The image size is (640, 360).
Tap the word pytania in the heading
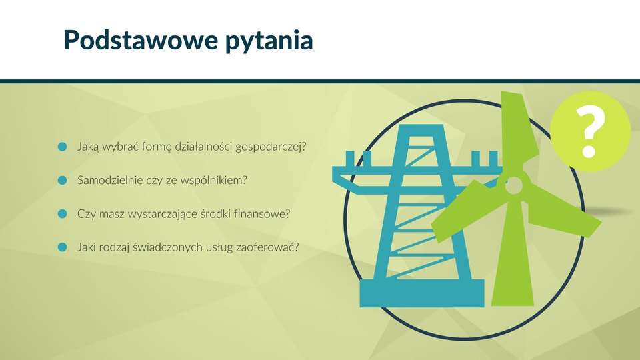point(269,41)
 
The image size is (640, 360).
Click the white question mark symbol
point(590,131)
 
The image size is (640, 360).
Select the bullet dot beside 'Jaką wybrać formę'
point(63,147)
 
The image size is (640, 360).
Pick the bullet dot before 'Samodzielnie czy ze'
point(63,180)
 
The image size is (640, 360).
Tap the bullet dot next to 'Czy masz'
point(63,213)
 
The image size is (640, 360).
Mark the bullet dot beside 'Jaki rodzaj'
point(63,247)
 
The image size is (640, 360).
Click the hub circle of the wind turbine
point(514,185)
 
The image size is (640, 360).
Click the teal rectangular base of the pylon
point(421,293)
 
